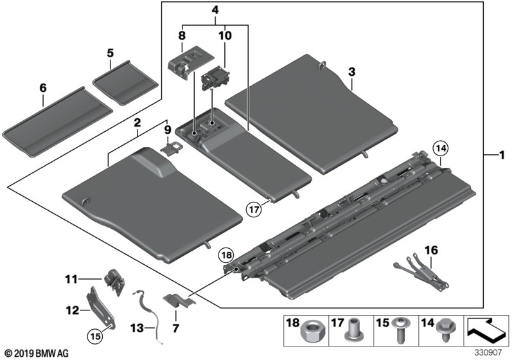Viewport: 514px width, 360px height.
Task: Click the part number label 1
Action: click(x=503, y=155)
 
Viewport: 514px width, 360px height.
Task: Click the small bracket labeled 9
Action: click(x=168, y=149)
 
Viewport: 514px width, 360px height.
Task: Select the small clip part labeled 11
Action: click(x=114, y=282)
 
